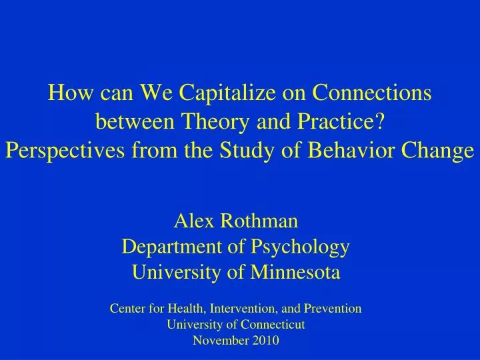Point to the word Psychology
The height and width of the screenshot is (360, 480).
[x=300, y=248]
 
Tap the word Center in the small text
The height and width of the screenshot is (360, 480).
[x=126, y=309]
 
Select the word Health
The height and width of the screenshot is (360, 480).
[x=183, y=309]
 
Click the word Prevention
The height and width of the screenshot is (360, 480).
[x=334, y=309]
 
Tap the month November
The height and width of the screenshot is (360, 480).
[x=217, y=341]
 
